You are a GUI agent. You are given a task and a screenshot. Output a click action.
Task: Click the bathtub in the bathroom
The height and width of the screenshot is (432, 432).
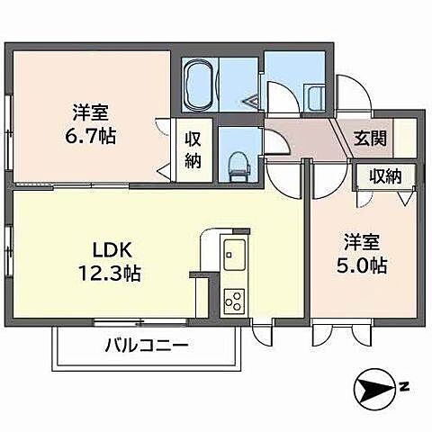pos(199,85)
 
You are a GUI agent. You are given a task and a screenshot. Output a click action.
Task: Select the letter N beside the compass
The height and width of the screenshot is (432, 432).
pos(406,388)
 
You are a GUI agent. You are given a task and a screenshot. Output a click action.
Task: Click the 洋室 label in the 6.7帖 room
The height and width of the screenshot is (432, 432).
pos(91,113)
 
